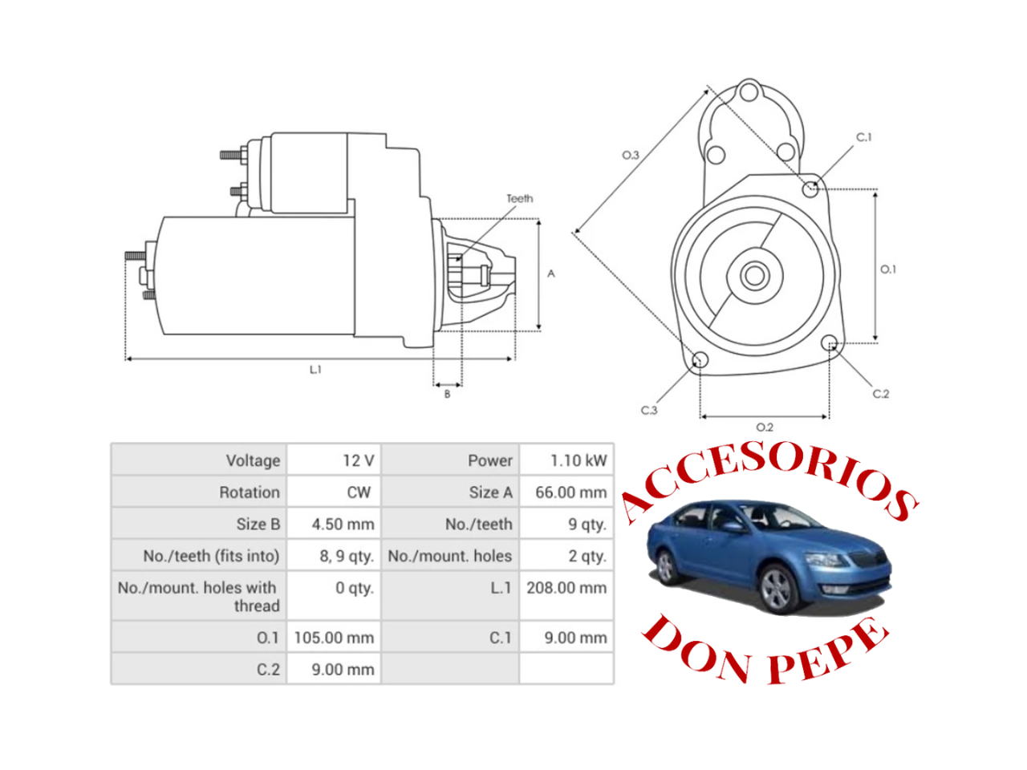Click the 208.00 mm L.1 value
click(566, 588)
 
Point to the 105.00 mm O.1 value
click(334, 638)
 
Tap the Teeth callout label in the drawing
click(519, 198)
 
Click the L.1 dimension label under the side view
click(315, 370)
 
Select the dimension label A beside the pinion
click(551, 274)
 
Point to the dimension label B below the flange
click(447, 394)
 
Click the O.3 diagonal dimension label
click(631, 155)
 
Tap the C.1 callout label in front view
click(863, 137)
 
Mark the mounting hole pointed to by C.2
click(830, 344)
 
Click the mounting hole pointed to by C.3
click(700, 360)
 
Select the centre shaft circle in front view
click(753, 276)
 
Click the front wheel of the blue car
click(777, 590)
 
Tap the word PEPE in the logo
click(826, 652)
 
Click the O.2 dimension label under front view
click(765, 428)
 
